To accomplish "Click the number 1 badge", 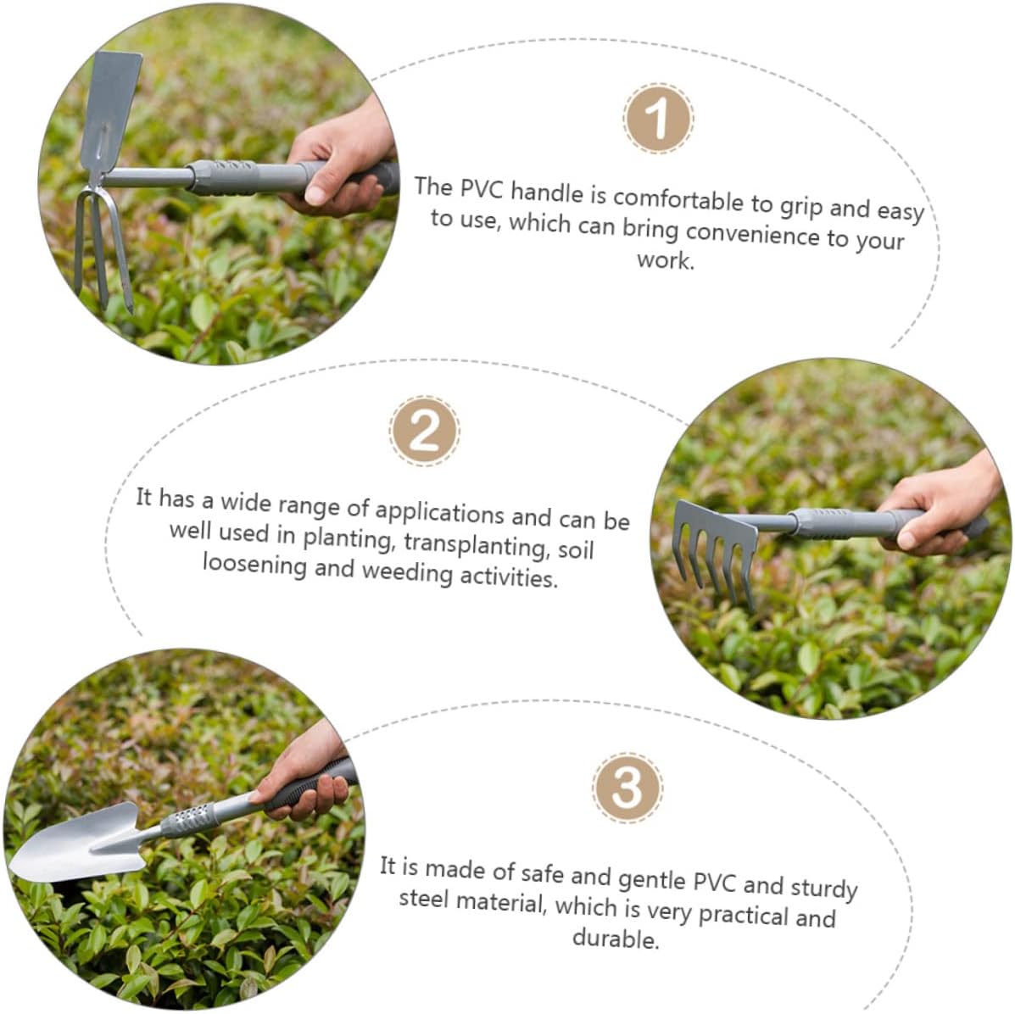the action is (658, 119).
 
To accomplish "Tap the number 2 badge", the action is (425, 431).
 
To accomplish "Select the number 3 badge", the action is (627, 787).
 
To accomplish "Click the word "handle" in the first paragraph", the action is (547, 192).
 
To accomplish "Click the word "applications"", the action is (439, 513).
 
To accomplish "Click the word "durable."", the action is (616, 939).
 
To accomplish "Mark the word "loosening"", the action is (254, 564).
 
